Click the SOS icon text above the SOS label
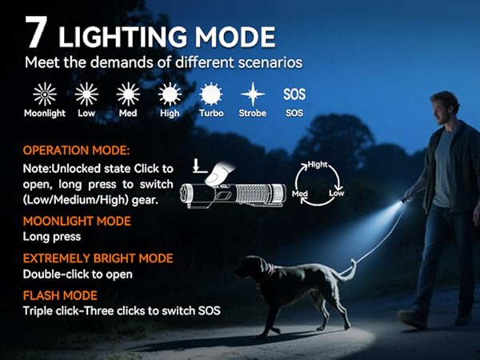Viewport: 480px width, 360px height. click(294, 94)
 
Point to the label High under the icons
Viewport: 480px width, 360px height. click(170, 114)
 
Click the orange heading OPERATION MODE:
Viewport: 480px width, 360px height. click(76, 150)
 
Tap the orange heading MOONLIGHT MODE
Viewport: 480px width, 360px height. click(77, 221)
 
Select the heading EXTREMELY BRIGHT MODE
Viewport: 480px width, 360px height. click(98, 258)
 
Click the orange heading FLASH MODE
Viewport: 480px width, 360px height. click(61, 295)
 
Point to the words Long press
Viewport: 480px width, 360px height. click(53, 237)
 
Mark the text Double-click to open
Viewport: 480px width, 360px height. click(78, 274)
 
